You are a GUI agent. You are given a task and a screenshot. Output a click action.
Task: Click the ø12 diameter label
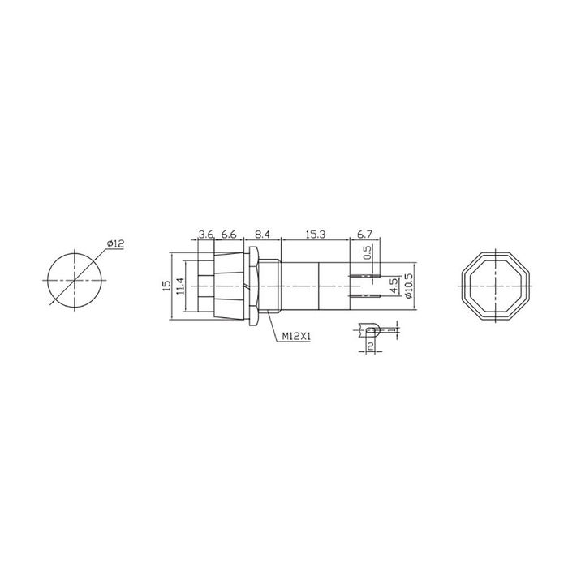click(x=114, y=244)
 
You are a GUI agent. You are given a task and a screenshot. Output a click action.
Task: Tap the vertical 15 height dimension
click(x=166, y=286)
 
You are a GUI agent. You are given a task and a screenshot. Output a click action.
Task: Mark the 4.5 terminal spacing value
click(x=394, y=286)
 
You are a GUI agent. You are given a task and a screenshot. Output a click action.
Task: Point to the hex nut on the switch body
click(x=255, y=286)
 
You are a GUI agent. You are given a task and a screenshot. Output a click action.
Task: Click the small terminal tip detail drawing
click(x=371, y=331)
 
